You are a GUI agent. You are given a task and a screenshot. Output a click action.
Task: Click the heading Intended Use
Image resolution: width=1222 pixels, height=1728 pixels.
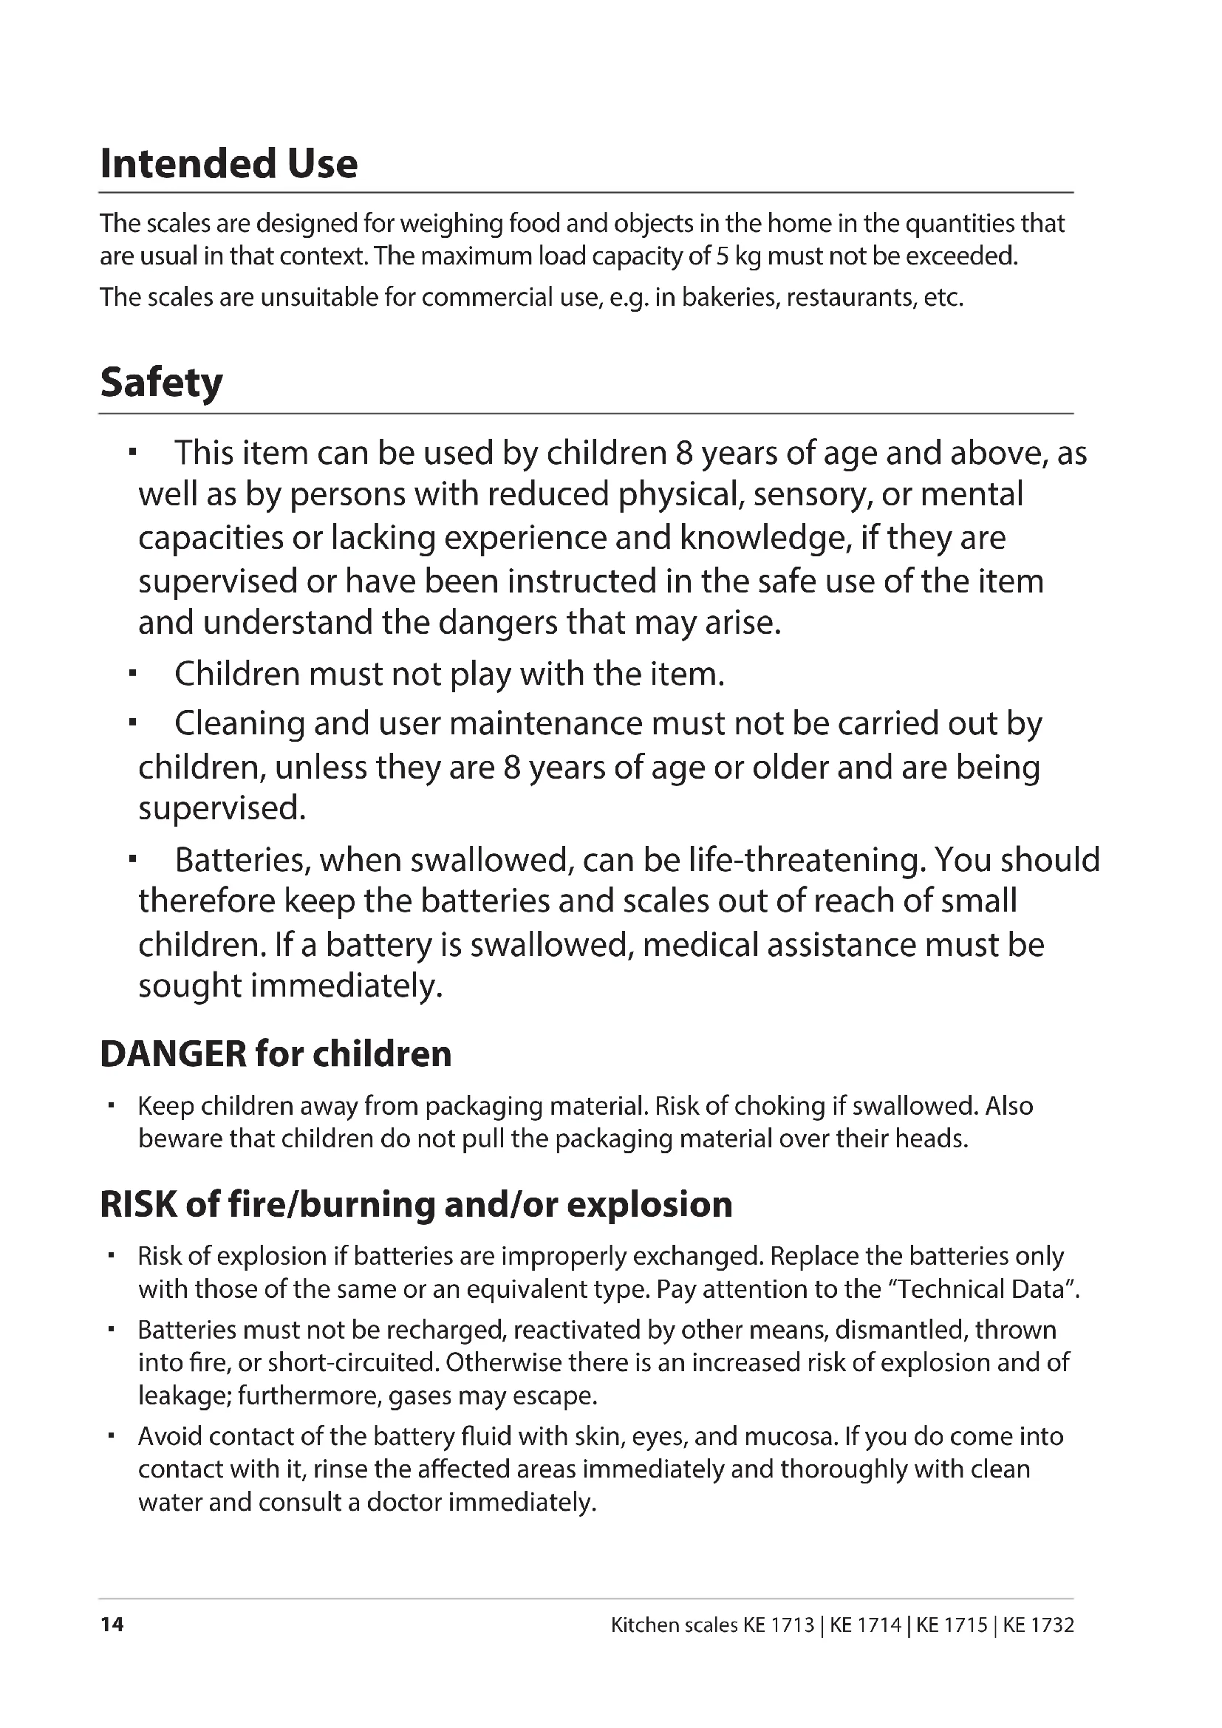pos(229,163)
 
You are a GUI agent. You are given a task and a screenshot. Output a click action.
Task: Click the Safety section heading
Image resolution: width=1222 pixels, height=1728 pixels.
pos(161,383)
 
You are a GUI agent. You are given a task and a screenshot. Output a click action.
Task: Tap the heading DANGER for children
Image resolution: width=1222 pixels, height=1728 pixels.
pos(276,1053)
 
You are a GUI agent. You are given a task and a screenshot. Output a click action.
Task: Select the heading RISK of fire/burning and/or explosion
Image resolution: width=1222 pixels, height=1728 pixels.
pos(415,1204)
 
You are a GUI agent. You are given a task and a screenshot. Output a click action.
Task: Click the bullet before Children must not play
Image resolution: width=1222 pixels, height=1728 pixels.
pos(132,674)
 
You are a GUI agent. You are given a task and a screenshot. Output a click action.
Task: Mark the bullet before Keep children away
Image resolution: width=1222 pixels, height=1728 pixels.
pos(112,1106)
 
